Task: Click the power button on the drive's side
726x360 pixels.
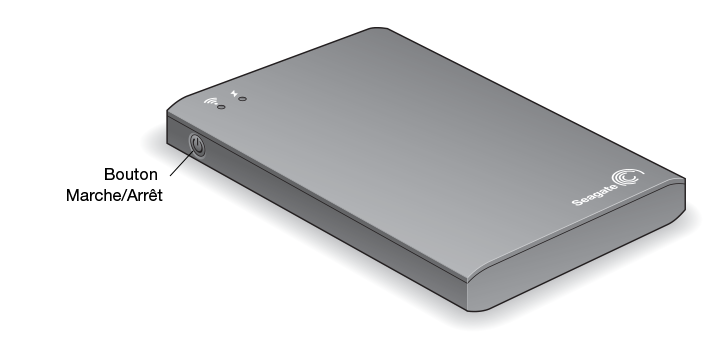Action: (x=197, y=146)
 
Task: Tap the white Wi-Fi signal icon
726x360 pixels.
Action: (x=211, y=101)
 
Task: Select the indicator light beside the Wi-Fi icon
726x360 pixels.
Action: (x=221, y=107)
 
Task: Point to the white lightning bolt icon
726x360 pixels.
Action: (x=234, y=94)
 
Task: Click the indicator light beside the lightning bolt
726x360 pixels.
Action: (x=243, y=99)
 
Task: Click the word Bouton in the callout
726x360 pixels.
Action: (x=131, y=174)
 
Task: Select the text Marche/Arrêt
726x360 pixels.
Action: (x=114, y=195)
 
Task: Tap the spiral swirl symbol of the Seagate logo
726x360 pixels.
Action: (x=627, y=178)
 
